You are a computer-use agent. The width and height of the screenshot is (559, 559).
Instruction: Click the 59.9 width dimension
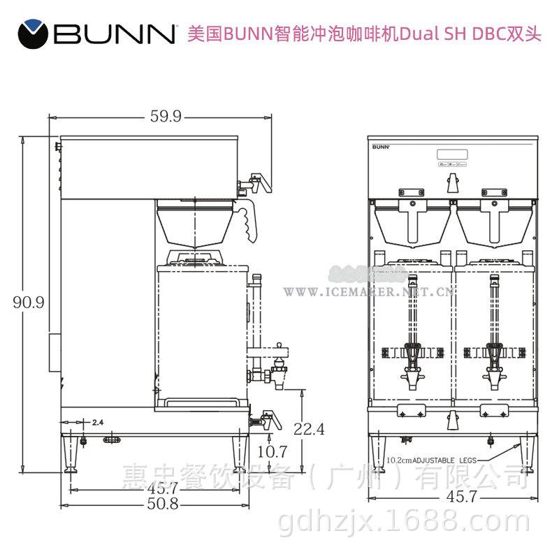[165, 117]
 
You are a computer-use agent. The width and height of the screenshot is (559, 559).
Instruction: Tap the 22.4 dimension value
[309, 429]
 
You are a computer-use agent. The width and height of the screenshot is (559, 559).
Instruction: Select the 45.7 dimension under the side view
[159, 487]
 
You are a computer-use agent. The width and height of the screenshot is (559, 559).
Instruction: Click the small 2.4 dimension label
[98, 423]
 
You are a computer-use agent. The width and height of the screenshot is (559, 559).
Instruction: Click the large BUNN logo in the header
[98, 34]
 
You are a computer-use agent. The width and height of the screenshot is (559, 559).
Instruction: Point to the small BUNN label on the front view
[379, 147]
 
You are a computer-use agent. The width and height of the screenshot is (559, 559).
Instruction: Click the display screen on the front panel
[451, 153]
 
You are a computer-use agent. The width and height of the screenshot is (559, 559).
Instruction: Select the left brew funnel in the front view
[412, 224]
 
